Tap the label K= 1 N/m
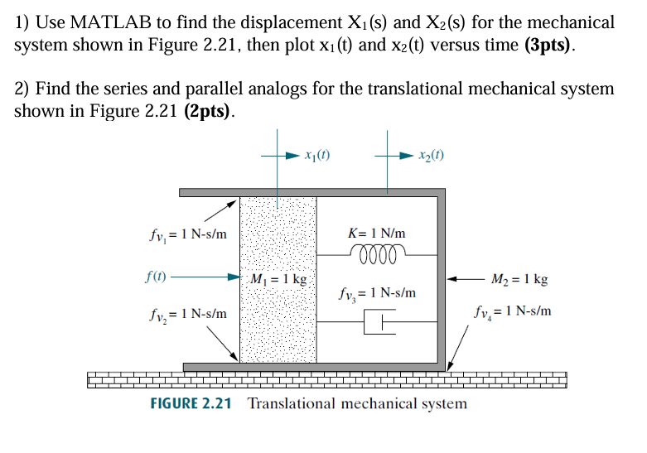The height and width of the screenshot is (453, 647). pyautogui.click(x=379, y=235)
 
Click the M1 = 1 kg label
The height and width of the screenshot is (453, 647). pyautogui.click(x=279, y=279)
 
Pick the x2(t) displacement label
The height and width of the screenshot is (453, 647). pyautogui.click(x=432, y=155)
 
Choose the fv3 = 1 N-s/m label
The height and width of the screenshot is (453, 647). pyautogui.click(x=378, y=294)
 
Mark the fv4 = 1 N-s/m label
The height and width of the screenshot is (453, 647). pyautogui.click(x=513, y=313)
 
